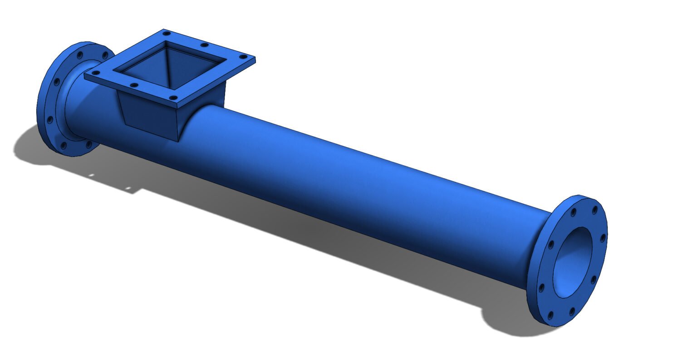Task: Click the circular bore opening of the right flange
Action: (573, 262)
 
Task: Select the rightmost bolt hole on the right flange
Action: (603, 237)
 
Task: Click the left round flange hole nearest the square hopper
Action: (105, 55)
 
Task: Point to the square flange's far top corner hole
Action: (167, 33)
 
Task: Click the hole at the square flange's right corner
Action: (243, 57)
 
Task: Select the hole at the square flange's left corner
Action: (95, 73)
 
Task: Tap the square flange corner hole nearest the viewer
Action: (172, 97)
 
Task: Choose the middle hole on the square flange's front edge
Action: (133, 85)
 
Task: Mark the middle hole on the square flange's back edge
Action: (204, 45)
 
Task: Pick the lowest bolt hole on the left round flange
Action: (64, 146)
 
